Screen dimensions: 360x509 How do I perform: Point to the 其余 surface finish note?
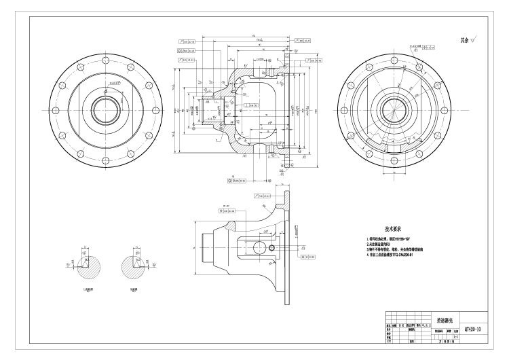pyautogui.click(x=468, y=41)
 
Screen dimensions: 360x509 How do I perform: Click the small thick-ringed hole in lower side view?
pyautogui.click(x=271, y=248)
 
